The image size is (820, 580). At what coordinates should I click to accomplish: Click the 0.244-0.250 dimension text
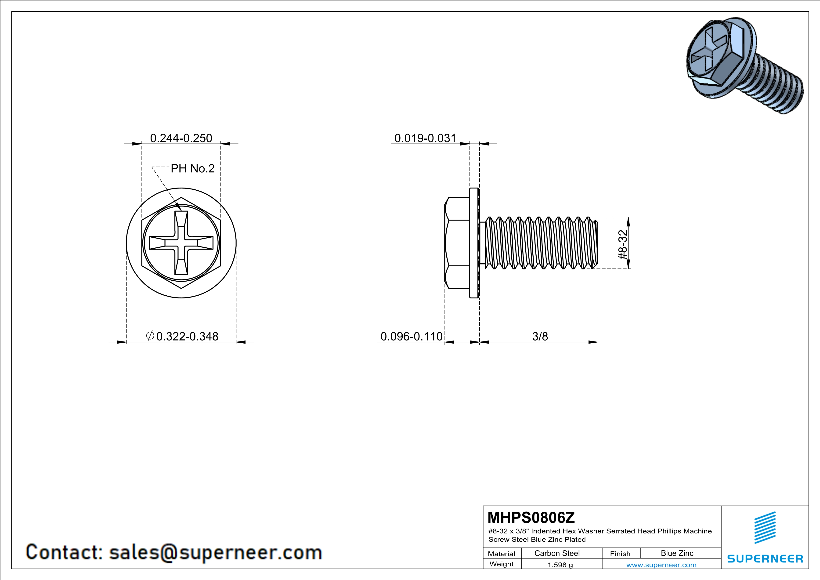(x=181, y=138)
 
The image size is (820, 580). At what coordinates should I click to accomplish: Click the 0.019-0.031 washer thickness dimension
(x=425, y=138)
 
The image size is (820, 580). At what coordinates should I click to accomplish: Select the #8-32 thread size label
(x=622, y=245)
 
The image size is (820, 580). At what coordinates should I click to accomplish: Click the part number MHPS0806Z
(x=531, y=518)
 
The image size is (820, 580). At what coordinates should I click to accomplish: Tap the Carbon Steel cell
(x=557, y=553)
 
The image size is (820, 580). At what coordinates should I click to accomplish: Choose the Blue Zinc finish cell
(x=677, y=553)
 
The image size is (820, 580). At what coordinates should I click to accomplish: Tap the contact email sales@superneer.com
(x=215, y=552)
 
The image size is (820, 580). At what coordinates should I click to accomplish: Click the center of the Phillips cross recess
(x=181, y=243)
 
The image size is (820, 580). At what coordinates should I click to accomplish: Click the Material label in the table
(x=502, y=554)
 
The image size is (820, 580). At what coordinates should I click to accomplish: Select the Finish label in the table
(x=620, y=554)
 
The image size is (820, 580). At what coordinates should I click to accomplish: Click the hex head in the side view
(x=457, y=243)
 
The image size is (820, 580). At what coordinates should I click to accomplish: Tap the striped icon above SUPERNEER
(x=765, y=528)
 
